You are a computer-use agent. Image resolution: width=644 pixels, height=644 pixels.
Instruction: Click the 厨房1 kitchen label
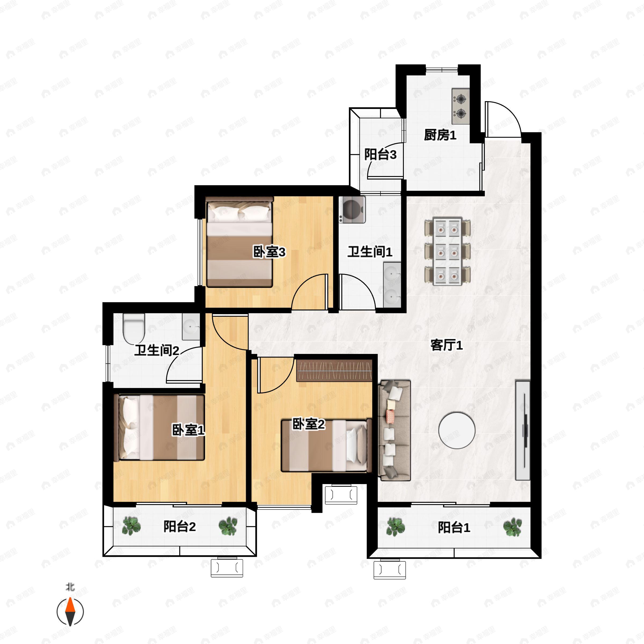coord(440,135)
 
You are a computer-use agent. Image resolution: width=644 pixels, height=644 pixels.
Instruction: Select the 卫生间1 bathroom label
coord(370,252)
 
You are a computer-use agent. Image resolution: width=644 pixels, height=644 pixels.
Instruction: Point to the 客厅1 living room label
coord(447,345)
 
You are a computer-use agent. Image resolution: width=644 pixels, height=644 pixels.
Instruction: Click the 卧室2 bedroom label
coord(309,424)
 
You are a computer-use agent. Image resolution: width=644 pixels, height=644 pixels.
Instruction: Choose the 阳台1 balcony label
coord(454,528)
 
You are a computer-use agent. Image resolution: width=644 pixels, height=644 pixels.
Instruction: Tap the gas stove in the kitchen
coord(461,106)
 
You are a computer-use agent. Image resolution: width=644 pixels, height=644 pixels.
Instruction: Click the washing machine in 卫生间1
coord(352,209)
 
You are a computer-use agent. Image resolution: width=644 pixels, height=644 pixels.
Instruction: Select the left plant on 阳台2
coord(131,526)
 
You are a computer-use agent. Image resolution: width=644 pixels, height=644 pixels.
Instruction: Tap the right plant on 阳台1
coord(512,527)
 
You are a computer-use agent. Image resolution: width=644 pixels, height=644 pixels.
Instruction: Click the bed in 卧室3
coord(239,242)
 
